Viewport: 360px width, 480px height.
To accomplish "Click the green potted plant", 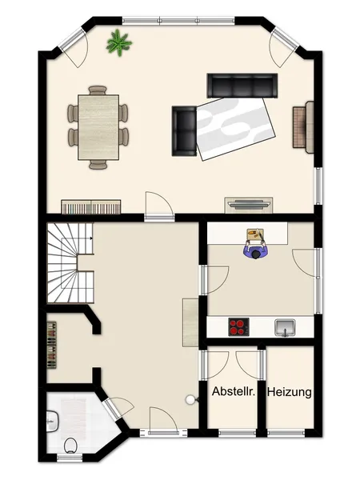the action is point(118,42).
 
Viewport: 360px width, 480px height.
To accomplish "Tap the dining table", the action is point(98,127).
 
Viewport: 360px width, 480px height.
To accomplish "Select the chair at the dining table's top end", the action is point(98,90).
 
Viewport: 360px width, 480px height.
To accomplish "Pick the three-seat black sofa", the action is point(242,86).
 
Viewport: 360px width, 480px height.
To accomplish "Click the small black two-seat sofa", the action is point(184,131).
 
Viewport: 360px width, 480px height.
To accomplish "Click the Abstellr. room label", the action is point(234,391).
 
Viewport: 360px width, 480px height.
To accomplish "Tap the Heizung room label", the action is point(290,392).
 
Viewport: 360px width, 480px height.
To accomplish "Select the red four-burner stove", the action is point(238,327).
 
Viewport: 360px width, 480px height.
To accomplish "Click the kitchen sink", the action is point(285,327).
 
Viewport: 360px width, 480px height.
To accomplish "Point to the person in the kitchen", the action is point(256,249).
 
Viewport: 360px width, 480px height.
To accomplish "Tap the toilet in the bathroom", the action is point(70,446).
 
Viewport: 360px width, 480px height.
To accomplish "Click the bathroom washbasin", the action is point(52,422).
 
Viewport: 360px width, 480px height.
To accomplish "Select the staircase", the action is point(70,262).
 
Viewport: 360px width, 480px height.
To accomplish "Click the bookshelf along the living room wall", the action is point(91,207).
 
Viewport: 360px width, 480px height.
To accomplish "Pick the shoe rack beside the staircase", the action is point(52,345).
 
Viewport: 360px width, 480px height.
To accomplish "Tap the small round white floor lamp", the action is point(190,399).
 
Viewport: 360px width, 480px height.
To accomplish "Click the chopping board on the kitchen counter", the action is point(254,234).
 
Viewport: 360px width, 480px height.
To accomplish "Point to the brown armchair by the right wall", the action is point(303,127).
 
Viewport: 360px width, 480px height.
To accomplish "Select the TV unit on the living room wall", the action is point(249,205).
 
